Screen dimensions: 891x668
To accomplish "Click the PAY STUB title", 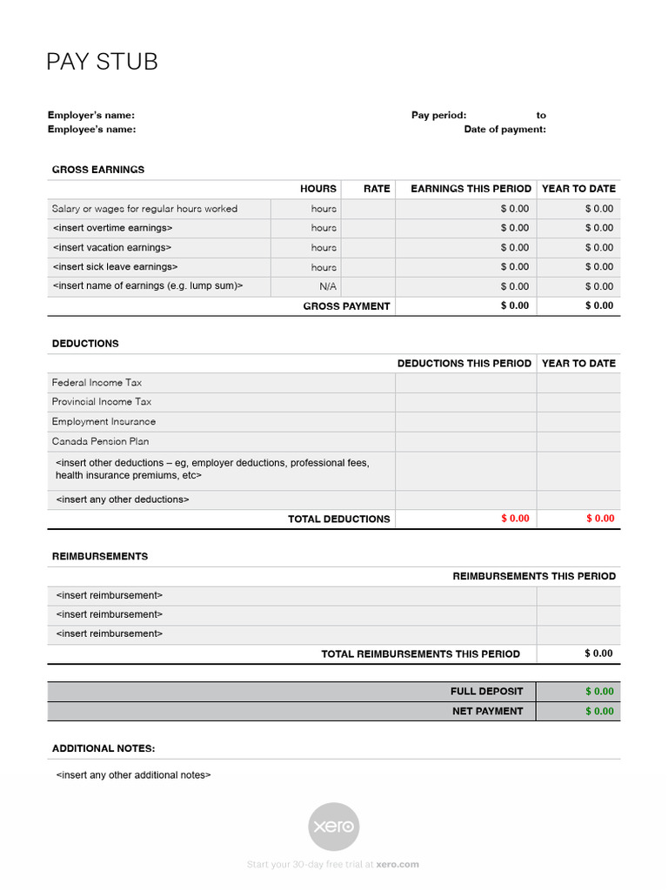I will [102, 63].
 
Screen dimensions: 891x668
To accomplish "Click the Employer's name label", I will [91, 115].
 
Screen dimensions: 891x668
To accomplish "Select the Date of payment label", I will [504, 130].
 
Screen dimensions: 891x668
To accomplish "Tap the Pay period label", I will [438, 115].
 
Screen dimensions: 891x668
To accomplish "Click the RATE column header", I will [377, 189].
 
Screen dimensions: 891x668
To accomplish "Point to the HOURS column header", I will [318, 189].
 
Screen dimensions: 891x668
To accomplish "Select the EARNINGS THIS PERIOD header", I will [471, 189].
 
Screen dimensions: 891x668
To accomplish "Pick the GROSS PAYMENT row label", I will [346, 306].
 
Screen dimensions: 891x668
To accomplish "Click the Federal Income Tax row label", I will [97, 383].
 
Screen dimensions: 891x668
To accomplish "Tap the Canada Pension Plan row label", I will [100, 441].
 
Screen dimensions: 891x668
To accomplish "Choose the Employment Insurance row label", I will [104, 422].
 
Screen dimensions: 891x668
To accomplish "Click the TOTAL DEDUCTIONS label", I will [338, 519].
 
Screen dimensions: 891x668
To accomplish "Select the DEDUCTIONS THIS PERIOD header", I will [464, 364].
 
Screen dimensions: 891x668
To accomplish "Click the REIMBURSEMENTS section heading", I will [100, 556].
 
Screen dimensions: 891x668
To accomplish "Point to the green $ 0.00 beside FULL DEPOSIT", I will [599, 692].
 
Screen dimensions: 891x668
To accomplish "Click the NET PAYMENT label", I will [487, 711].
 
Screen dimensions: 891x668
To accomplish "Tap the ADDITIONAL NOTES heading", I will [104, 748].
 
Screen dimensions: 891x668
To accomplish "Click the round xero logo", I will [335, 827].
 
